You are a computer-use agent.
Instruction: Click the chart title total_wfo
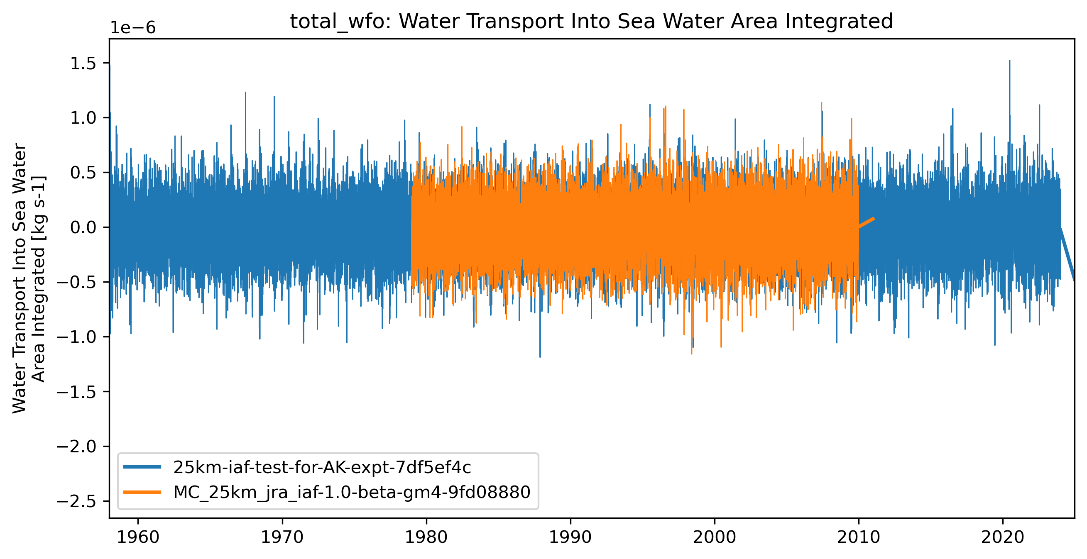pyautogui.click(x=591, y=22)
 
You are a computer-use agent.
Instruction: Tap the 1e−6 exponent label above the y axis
pyautogui.click(x=133, y=28)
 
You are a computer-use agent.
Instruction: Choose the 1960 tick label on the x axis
pyautogui.click(x=137, y=537)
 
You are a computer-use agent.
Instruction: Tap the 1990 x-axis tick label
pyautogui.click(x=570, y=537)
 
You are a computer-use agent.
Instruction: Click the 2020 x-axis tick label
pyautogui.click(x=1003, y=537)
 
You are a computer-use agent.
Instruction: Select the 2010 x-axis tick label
pyautogui.click(x=858, y=537)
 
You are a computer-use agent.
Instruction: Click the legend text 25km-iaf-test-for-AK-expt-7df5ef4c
pyautogui.click(x=322, y=467)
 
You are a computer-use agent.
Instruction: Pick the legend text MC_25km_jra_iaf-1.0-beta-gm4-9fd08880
pyautogui.click(x=352, y=492)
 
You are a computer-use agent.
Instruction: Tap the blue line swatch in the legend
pyautogui.click(x=142, y=467)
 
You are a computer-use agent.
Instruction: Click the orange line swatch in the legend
pyautogui.click(x=142, y=492)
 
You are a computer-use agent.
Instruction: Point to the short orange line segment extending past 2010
pyautogui.click(x=867, y=223)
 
